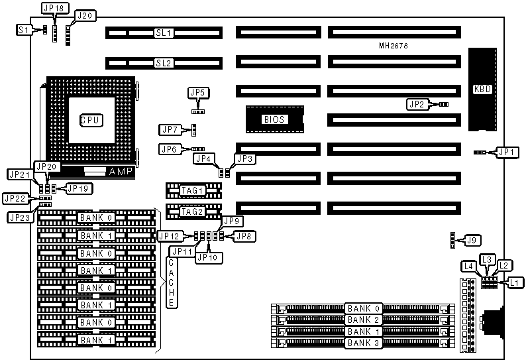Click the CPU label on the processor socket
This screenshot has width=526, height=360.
click(x=90, y=121)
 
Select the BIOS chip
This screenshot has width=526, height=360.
click(x=274, y=119)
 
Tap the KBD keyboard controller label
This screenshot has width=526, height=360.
click(x=482, y=90)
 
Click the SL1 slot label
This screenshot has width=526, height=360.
click(x=163, y=32)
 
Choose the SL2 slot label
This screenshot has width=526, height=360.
click(x=163, y=64)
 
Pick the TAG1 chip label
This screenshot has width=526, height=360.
click(x=192, y=191)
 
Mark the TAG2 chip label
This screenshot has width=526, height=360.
click(x=192, y=211)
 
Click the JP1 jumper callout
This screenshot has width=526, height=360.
click(x=507, y=152)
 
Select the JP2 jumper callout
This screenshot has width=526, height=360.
click(x=416, y=104)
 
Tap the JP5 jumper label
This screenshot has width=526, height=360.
click(x=197, y=92)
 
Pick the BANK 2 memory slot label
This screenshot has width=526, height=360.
click(x=364, y=320)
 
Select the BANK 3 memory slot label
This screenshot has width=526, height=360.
click(x=364, y=343)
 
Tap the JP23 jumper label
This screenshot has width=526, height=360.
click(x=19, y=216)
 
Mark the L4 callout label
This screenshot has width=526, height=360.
click(x=468, y=267)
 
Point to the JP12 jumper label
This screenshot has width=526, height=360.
click(x=168, y=235)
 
